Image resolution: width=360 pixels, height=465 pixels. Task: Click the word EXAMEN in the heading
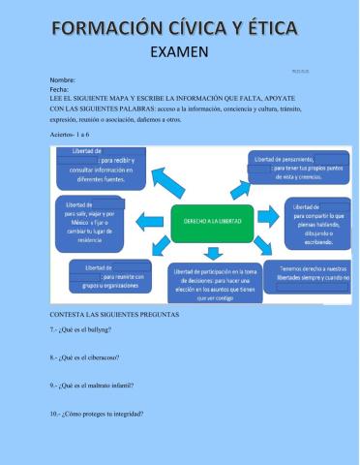[x=179, y=52]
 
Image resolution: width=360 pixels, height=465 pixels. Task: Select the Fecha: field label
[x=59, y=88]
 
